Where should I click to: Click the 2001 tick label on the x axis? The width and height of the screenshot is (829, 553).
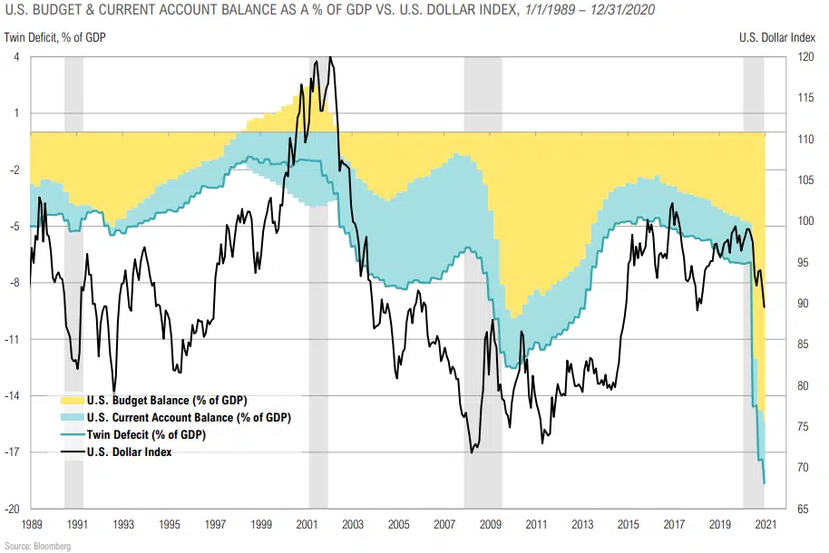click(x=307, y=524)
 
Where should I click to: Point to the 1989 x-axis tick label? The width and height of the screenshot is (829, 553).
click(x=31, y=524)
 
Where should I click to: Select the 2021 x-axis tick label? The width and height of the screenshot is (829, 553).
click(x=766, y=524)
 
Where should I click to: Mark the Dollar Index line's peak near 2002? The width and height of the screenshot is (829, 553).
click(x=330, y=58)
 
